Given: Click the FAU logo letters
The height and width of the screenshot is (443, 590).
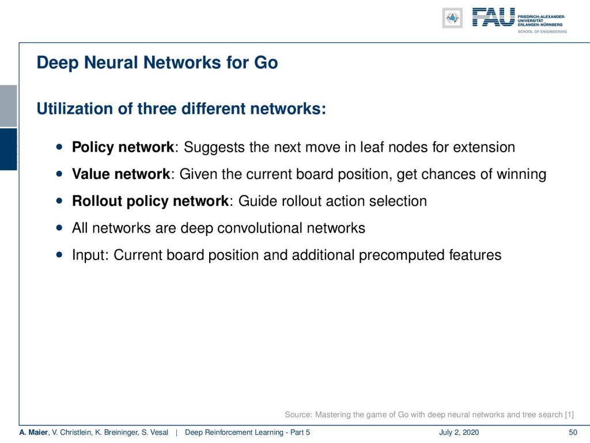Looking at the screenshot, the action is tap(493, 17).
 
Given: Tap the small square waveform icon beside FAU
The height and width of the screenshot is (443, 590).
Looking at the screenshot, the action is tap(452, 18).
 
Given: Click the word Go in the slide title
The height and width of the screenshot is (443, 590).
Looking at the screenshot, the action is tap(266, 62).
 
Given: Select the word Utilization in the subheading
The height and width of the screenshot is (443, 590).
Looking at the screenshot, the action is tap(74, 109).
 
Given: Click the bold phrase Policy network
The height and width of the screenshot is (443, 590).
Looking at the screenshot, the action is tap(123, 147).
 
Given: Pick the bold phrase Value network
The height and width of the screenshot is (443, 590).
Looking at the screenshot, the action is tap(121, 174).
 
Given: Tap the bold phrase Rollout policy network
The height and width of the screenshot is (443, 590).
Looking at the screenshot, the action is tap(150, 201).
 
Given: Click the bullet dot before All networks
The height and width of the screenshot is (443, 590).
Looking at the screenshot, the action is tap(59, 227).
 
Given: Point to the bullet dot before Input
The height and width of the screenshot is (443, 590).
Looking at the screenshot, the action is tap(59, 254).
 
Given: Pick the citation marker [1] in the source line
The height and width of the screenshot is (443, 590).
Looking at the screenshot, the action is tap(569, 415).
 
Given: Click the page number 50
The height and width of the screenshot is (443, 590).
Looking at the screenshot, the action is tap(573, 433).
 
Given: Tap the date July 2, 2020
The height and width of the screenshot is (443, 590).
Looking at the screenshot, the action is tap(459, 433).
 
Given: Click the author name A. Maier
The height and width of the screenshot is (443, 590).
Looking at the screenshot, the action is tap(34, 433).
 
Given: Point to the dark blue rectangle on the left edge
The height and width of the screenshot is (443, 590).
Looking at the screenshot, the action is tap(8, 149).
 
